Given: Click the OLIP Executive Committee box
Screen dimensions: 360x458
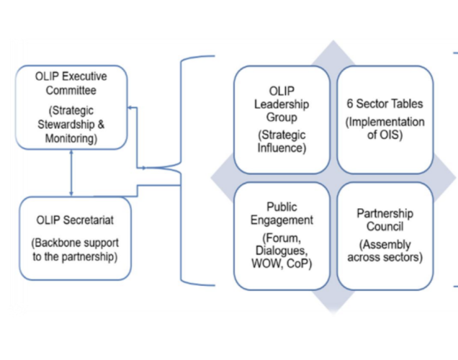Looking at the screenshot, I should [72, 107].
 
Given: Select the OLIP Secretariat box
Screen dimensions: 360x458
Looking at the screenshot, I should [76, 238].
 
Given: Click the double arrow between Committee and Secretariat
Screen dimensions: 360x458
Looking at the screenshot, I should [71, 174].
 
